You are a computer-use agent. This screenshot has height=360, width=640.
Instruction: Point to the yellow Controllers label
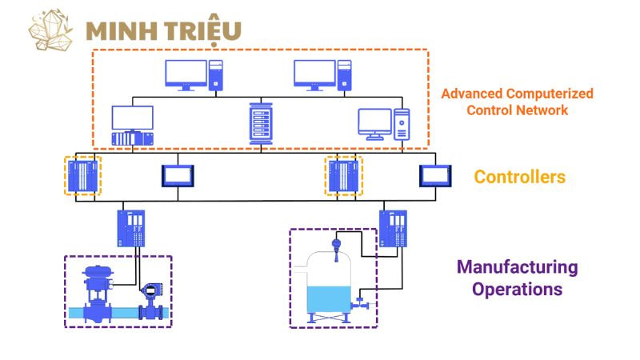(520, 177)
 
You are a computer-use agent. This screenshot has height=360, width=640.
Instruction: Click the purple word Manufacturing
(517, 266)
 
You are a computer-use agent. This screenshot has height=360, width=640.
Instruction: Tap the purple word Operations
(517, 289)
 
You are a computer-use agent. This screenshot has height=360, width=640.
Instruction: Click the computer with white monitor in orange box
(383, 124)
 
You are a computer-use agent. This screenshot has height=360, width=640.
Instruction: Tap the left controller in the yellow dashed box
(82, 175)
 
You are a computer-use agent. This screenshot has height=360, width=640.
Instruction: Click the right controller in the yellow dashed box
(345, 175)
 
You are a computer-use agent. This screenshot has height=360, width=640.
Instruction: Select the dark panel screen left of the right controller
(178, 175)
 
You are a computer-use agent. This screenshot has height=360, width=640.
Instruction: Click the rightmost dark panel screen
(436, 175)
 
